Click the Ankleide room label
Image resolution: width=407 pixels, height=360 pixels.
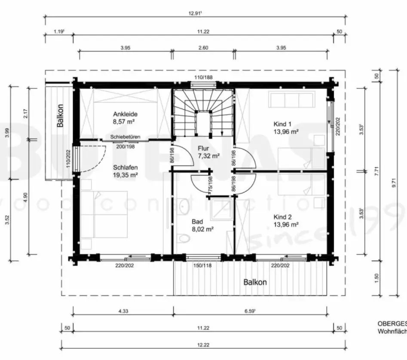125,118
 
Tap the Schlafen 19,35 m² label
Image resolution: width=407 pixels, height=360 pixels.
125,171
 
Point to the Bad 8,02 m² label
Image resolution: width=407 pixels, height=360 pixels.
202,226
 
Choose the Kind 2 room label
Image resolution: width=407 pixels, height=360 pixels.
286,220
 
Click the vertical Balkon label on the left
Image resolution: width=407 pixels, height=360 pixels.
61,116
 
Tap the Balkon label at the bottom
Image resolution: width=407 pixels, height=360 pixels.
255,282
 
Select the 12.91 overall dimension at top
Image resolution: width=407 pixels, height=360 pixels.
196,13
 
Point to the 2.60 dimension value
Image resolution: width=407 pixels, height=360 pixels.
203,48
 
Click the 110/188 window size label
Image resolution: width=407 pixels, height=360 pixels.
204,77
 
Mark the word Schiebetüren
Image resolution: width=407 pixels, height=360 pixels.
125,137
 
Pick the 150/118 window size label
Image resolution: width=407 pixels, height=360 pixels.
203,265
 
